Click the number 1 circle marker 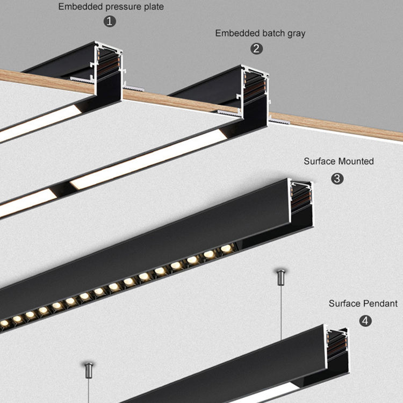pos(110,22)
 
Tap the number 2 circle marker pos(257,48)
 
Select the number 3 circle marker pos(337,178)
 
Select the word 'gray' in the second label pos(296,33)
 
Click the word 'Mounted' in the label pos(356,161)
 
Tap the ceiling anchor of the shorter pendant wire pos(88,370)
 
